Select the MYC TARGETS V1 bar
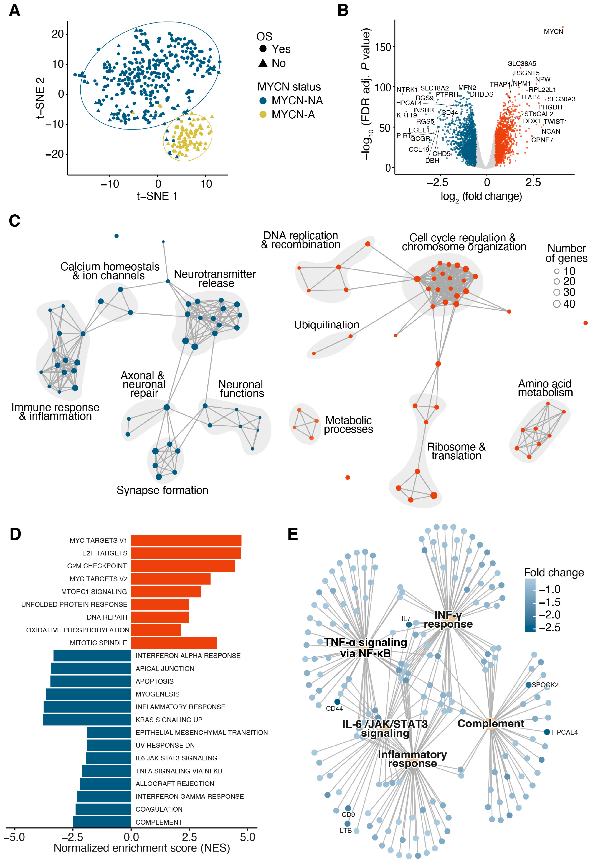(186, 540)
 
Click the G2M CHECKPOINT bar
(183, 566)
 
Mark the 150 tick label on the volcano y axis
(383, 47)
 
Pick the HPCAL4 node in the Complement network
(546, 732)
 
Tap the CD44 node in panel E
(337, 702)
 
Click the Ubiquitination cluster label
(327, 325)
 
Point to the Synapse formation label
(162, 490)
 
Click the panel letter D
(15, 534)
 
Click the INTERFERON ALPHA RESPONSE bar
(92, 656)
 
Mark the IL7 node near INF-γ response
(409, 625)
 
